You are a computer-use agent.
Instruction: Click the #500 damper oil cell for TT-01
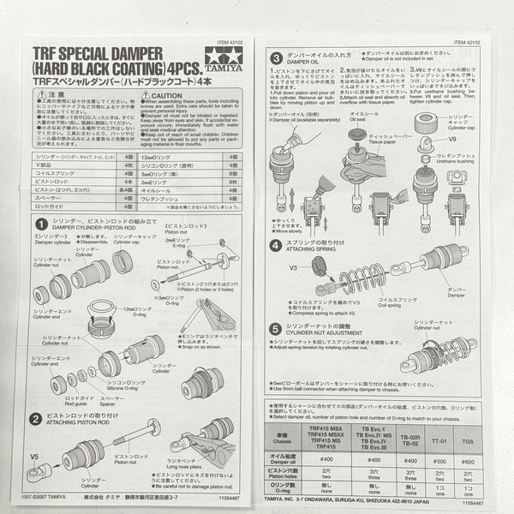(439, 458)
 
